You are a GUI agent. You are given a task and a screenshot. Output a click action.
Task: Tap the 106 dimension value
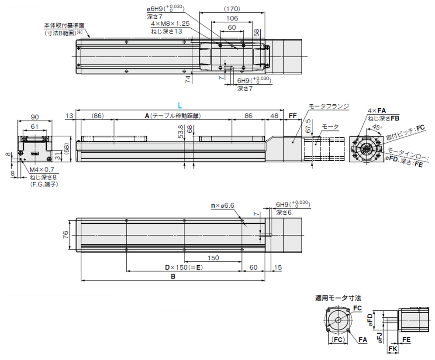(x=232, y=18)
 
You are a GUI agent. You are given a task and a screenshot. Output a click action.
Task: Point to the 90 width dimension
(x=35, y=117)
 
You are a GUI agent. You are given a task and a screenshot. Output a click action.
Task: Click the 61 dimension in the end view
(x=35, y=126)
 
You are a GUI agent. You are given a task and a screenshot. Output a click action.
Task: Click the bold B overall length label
(x=173, y=277)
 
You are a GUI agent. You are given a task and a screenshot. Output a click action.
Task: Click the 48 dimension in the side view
(x=274, y=116)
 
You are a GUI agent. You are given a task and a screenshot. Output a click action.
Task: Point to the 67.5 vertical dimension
(x=308, y=125)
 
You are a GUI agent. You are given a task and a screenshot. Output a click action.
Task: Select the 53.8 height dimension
(x=181, y=130)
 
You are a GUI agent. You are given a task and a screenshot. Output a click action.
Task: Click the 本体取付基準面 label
(x=64, y=26)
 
